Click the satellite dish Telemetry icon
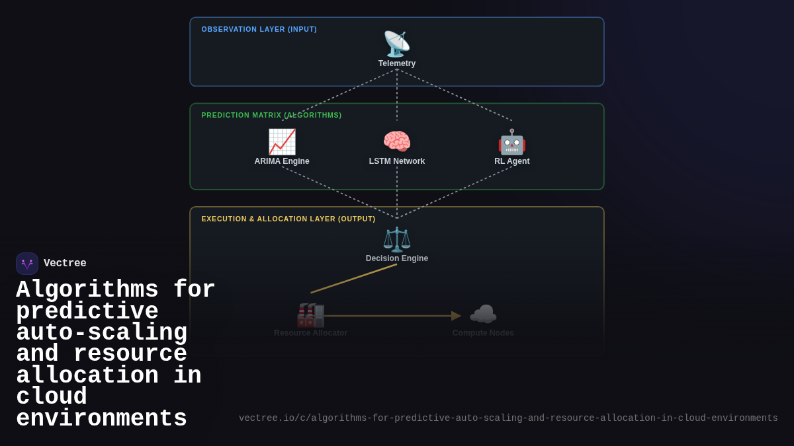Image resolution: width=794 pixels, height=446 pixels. point(397,44)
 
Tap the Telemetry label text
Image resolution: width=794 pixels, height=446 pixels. point(397,63)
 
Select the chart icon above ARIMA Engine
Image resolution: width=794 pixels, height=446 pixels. point(282,142)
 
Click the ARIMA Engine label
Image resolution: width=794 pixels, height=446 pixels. point(282,161)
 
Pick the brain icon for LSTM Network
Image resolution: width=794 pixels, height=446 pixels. point(397,142)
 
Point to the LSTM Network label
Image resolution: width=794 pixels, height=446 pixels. point(397,161)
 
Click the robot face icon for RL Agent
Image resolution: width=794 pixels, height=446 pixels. point(512,142)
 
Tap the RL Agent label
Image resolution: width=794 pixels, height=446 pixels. point(512,161)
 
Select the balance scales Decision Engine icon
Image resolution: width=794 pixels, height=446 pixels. point(397,239)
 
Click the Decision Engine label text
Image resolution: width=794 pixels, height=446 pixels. point(397,258)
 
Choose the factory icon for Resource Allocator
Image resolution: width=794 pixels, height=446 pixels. point(310,315)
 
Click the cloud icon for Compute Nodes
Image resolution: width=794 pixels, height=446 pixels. point(483,315)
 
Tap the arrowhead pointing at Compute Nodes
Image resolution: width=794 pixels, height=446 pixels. point(456,316)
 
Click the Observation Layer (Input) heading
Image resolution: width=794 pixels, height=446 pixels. point(259,29)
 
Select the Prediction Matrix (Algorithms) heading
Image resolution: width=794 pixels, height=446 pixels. point(271,115)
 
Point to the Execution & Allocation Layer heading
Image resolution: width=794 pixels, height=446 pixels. point(288,219)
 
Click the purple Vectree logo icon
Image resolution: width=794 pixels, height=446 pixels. point(27,264)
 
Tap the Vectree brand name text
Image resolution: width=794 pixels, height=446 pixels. point(65,264)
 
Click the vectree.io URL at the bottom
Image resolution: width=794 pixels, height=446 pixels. point(508,418)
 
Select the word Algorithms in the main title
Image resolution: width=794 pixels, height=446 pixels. point(87,290)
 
